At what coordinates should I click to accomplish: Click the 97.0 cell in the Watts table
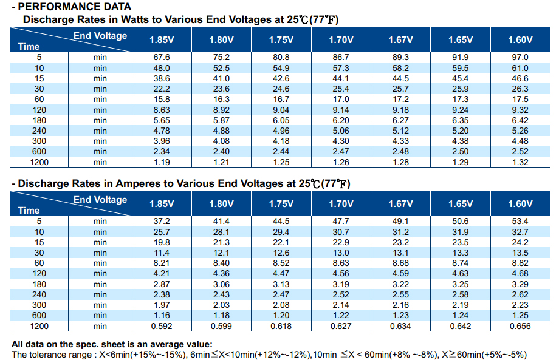(520, 57)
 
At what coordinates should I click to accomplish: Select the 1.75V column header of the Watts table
(281, 40)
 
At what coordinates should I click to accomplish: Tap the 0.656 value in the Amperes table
(520, 326)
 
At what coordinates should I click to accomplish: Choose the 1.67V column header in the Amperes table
(400, 204)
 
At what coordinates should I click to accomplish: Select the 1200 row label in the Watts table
(39, 162)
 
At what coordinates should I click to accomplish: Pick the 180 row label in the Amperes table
(39, 285)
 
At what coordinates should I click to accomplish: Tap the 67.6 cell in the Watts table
(162, 57)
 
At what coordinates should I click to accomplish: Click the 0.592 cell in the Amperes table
(162, 326)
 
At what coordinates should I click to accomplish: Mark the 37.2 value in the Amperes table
(162, 221)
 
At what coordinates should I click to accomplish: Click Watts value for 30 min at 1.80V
(221, 89)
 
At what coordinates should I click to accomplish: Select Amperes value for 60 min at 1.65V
(461, 263)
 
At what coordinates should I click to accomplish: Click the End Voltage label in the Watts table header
(100, 36)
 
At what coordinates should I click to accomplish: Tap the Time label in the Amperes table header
(29, 211)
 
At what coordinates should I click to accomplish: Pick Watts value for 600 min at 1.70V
(341, 151)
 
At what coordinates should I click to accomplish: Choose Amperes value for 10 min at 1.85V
(162, 232)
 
